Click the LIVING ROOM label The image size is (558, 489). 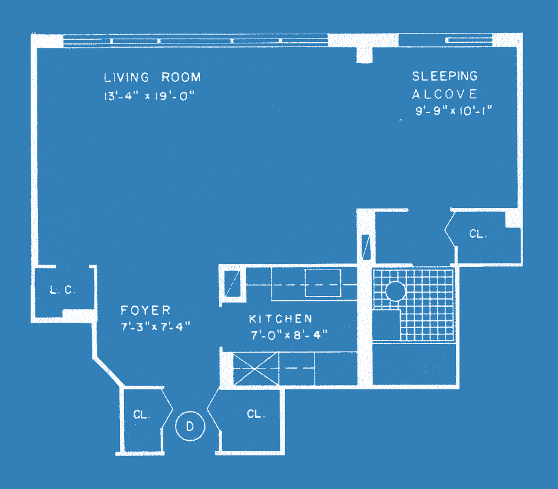pyautogui.click(x=152, y=77)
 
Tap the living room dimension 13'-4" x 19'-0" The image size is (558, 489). pyautogui.click(x=149, y=96)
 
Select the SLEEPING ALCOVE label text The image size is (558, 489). pyautogui.click(x=445, y=85)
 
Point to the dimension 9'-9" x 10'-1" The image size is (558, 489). pyautogui.click(x=454, y=111)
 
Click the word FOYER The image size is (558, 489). pyautogui.click(x=146, y=310)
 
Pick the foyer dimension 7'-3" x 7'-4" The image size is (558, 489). pyautogui.click(x=155, y=326)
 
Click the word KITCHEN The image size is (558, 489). pyautogui.click(x=280, y=318)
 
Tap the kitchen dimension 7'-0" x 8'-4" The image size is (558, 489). pyautogui.click(x=289, y=335)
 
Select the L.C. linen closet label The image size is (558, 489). pyautogui.click(x=62, y=290)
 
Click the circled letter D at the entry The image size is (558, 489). pyautogui.click(x=190, y=426)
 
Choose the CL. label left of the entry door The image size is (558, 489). pyautogui.click(x=141, y=414)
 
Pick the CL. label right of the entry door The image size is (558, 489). pyautogui.click(x=256, y=414)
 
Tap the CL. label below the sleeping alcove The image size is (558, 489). pyautogui.click(x=478, y=233)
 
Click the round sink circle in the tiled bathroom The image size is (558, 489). pyautogui.click(x=395, y=291)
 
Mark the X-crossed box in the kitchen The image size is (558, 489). pyautogui.click(x=256, y=369)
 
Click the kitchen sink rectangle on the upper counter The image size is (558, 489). pyautogui.click(x=323, y=283)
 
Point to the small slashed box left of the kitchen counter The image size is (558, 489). pyautogui.click(x=232, y=284)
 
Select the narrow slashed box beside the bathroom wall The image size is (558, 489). pyautogui.click(x=366, y=247)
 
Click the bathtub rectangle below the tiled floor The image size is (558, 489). pyautogui.click(x=414, y=364)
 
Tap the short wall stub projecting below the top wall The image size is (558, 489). pyautogui.click(x=365, y=54)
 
